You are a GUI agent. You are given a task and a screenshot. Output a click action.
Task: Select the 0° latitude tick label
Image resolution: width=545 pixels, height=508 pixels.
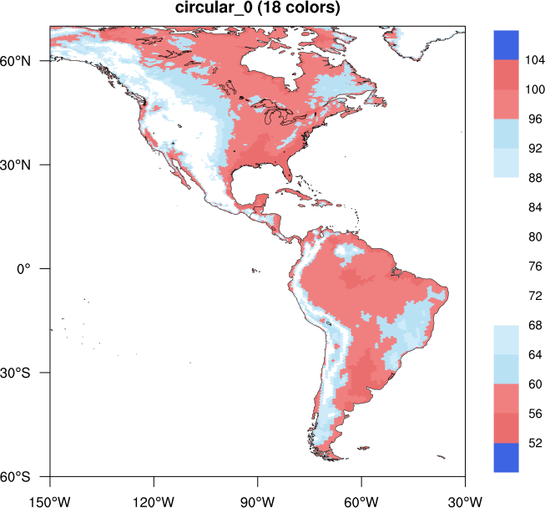[33, 269]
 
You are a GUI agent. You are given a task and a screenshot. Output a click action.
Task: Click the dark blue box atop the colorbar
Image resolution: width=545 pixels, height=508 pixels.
[506, 45]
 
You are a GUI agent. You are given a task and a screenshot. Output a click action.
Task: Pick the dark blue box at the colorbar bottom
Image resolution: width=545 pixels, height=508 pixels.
[506, 457]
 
